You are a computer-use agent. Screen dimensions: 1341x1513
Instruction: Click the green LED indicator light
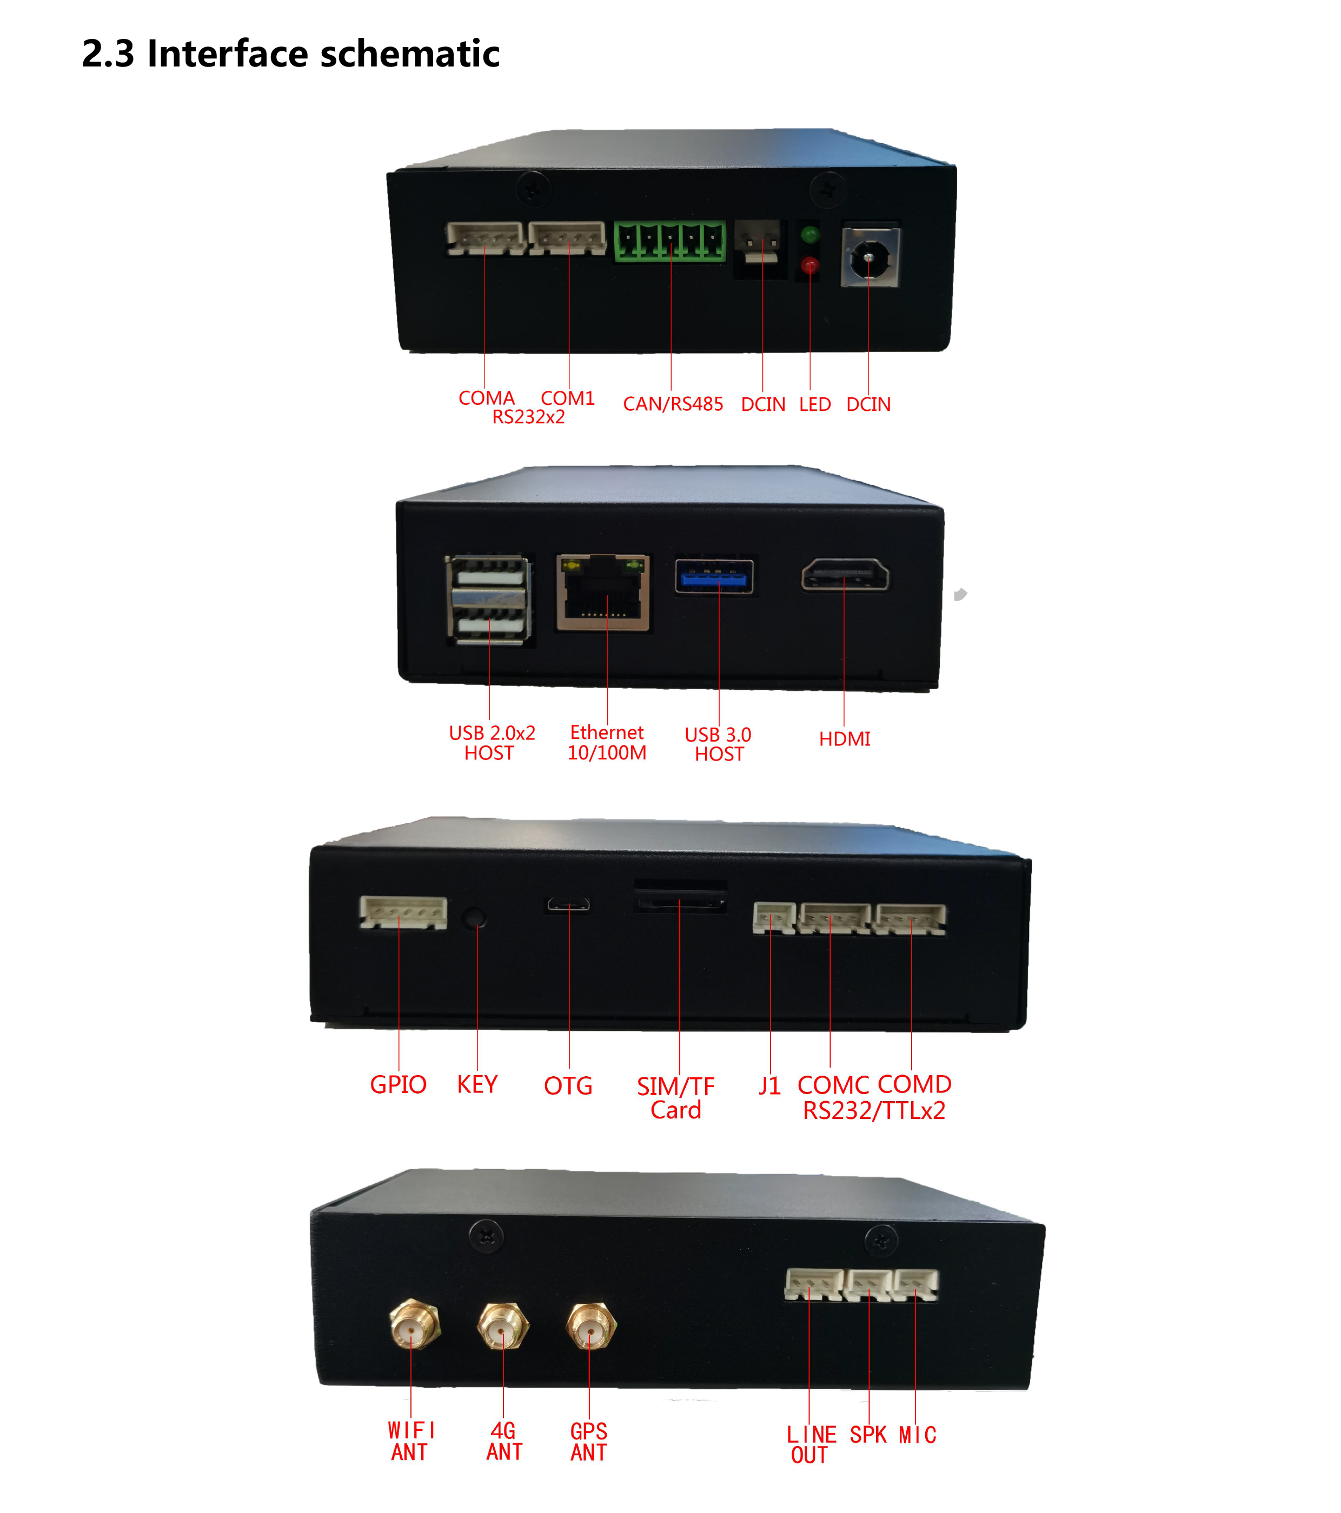809,235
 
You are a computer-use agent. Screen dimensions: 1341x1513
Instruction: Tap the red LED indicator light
809,264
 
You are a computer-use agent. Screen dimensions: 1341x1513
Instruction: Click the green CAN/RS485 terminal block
669,241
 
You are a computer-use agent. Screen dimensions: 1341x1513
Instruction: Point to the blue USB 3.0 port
714,577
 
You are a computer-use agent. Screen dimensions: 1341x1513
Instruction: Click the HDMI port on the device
845,575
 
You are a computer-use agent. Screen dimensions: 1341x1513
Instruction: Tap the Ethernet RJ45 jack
603,593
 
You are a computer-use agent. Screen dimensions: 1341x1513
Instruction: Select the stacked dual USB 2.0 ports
489,599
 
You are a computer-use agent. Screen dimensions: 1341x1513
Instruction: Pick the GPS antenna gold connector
590,1327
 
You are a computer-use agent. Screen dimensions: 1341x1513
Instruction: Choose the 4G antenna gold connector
503,1327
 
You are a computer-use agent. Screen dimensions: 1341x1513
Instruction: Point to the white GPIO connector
403,912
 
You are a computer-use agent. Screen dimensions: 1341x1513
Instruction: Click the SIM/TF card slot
680,902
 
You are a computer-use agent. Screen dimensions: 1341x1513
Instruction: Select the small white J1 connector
774,918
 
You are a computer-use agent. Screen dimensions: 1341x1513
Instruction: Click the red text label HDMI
844,739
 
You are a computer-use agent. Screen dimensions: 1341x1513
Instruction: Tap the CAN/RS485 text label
672,404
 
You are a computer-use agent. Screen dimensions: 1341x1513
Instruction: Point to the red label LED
814,405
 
